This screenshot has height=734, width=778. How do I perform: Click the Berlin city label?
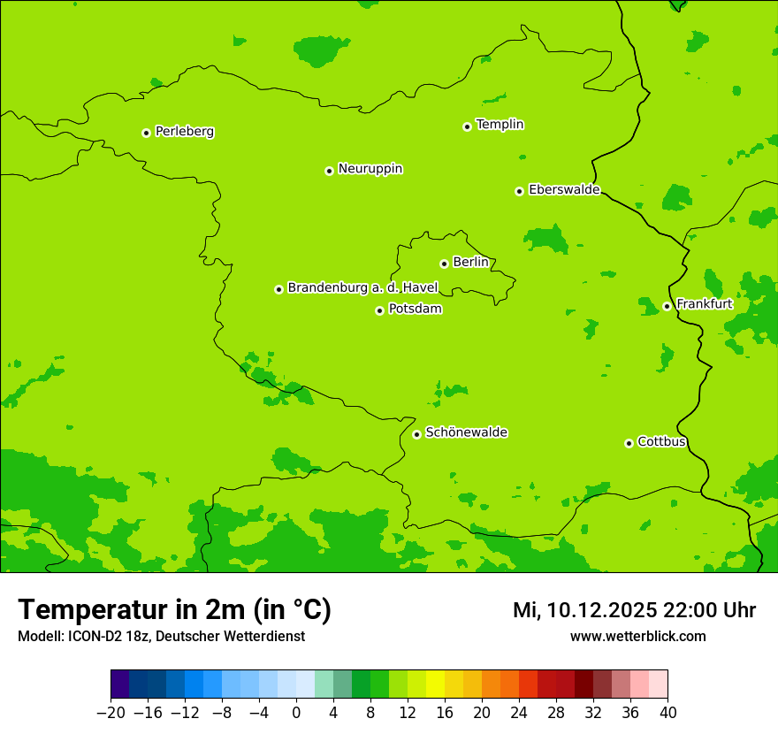(x=470, y=262)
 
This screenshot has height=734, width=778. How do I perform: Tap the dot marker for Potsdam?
(x=379, y=310)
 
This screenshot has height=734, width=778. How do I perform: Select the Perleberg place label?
(x=184, y=132)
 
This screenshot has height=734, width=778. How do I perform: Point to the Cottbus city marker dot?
(x=629, y=443)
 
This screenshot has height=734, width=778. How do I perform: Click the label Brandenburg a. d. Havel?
(x=362, y=287)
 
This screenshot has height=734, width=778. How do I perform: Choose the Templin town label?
(x=500, y=125)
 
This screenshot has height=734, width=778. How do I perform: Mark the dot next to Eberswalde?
(x=520, y=191)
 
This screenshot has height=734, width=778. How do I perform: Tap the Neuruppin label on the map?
(x=370, y=169)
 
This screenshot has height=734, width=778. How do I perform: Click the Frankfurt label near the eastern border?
(x=704, y=304)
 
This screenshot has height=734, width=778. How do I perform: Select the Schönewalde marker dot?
(x=416, y=434)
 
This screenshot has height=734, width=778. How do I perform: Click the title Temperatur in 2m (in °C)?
(x=174, y=610)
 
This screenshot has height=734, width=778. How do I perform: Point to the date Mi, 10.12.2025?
(x=584, y=610)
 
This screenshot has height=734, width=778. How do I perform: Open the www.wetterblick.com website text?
(x=637, y=637)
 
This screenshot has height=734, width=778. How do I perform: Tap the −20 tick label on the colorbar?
(x=111, y=713)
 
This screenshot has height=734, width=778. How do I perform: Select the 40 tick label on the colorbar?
(x=667, y=713)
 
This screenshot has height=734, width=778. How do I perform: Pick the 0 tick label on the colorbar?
(x=296, y=713)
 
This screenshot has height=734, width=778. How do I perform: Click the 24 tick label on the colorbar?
(x=519, y=713)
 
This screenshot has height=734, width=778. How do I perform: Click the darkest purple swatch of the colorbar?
(x=120, y=684)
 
